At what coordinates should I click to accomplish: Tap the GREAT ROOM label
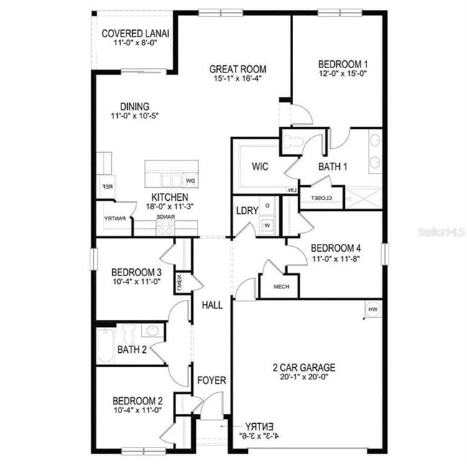(237, 70)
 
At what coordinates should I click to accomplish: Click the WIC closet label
(260, 166)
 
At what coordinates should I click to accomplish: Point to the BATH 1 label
(333, 166)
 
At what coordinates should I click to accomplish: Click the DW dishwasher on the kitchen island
(190, 181)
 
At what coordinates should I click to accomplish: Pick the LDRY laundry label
(246, 210)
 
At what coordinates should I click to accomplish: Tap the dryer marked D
(267, 206)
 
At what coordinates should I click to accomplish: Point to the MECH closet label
(282, 286)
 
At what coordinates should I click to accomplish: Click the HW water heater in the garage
(372, 309)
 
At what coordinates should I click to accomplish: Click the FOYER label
(212, 380)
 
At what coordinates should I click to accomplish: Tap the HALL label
(212, 305)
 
